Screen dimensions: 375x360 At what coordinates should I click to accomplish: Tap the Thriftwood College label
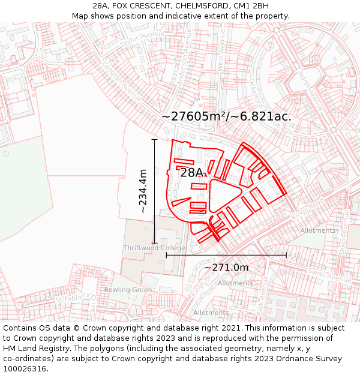154,248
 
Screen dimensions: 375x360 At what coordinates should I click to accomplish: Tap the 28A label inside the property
192,173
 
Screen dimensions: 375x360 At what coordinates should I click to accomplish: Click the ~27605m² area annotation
227,116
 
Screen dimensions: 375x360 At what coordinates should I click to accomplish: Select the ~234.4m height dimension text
143,191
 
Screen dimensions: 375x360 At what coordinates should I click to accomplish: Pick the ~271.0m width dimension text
226,267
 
